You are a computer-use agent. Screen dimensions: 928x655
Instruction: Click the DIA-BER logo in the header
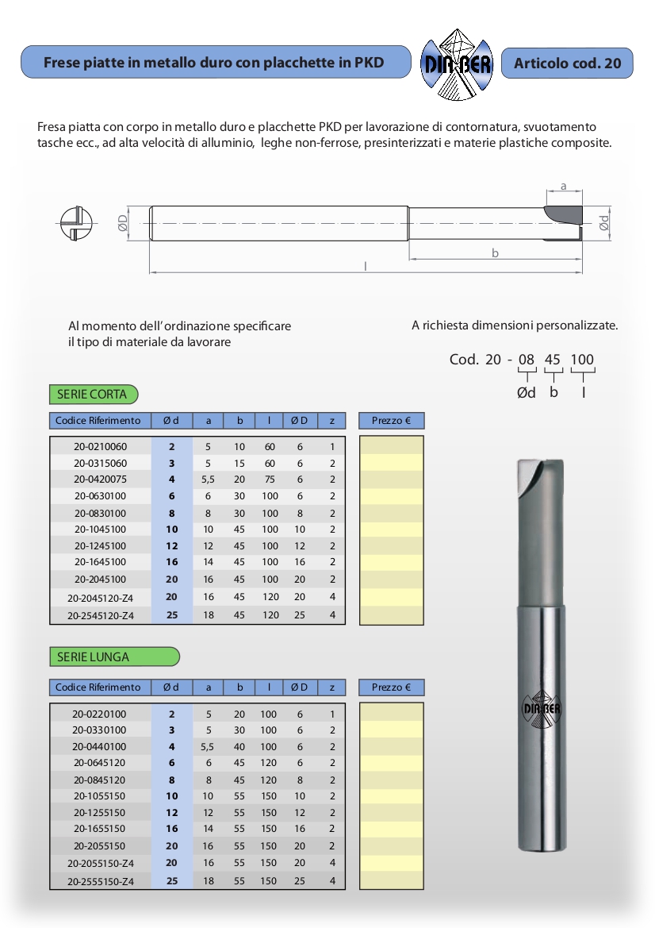pos(456,63)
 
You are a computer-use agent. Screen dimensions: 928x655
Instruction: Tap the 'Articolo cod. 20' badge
pos(567,63)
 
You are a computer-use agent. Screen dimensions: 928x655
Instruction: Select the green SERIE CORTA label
pos(93,394)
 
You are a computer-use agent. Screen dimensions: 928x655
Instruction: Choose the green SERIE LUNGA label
pos(114,657)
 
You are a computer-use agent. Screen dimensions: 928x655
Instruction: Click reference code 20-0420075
pos(100,479)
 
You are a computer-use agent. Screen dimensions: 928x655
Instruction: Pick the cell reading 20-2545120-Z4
pos(100,616)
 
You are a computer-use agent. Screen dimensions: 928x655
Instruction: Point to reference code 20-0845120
pos(100,780)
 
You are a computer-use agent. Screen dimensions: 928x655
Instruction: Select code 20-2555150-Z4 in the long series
pos(100,881)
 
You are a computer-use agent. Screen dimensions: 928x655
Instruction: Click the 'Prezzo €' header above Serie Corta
pos(391,421)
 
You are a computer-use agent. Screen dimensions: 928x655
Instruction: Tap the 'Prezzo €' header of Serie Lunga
pos(391,687)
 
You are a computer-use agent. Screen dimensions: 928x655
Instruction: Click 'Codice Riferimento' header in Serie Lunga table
pos(98,687)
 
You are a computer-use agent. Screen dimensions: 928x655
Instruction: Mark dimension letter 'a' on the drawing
pos(563,187)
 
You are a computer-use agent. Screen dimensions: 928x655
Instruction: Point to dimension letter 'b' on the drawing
pos(495,253)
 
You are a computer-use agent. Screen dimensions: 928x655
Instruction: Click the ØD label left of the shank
pos(123,223)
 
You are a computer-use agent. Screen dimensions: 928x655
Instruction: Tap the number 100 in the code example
pos(582,360)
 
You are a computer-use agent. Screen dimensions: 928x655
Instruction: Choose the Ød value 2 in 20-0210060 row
pos(172,446)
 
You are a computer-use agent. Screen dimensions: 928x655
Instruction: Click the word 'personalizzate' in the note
pos(576,325)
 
